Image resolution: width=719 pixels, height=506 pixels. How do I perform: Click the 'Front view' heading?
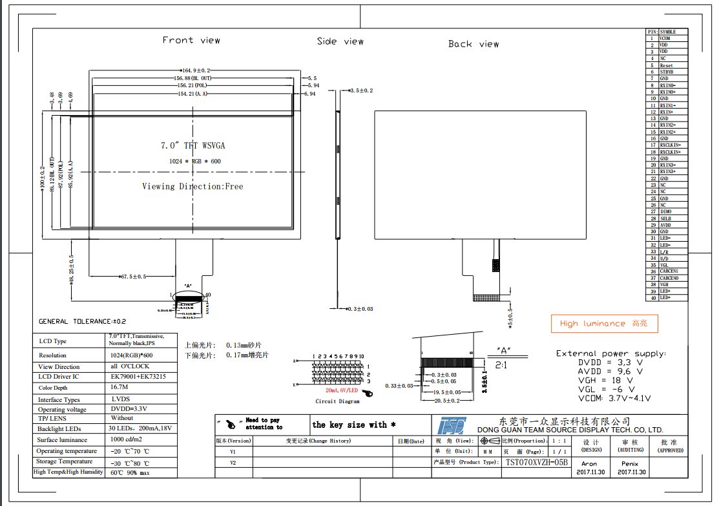click(191, 40)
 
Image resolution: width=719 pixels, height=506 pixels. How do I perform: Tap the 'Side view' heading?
click(340, 41)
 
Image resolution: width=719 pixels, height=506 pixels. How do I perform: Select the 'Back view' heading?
click(474, 44)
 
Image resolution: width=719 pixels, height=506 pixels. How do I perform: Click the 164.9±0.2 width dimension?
click(196, 70)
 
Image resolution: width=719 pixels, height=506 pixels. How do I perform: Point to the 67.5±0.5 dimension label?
click(133, 277)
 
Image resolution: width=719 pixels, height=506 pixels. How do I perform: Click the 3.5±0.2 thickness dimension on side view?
click(362, 90)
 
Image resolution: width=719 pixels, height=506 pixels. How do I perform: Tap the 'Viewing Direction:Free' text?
click(193, 186)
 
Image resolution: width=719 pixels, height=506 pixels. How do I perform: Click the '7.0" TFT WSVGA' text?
click(193, 145)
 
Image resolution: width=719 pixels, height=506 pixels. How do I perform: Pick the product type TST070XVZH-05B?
click(536, 462)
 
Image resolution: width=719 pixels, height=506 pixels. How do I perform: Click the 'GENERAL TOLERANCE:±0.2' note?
click(82, 321)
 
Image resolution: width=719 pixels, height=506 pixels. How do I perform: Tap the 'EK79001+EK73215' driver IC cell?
click(138, 376)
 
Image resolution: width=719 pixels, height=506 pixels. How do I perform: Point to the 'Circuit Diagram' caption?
click(337, 401)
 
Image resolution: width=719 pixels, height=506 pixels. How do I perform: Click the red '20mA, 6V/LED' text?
click(341, 391)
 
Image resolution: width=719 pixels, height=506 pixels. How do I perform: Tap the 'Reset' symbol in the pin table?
click(666, 65)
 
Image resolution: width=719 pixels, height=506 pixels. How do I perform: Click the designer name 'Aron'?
click(589, 464)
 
